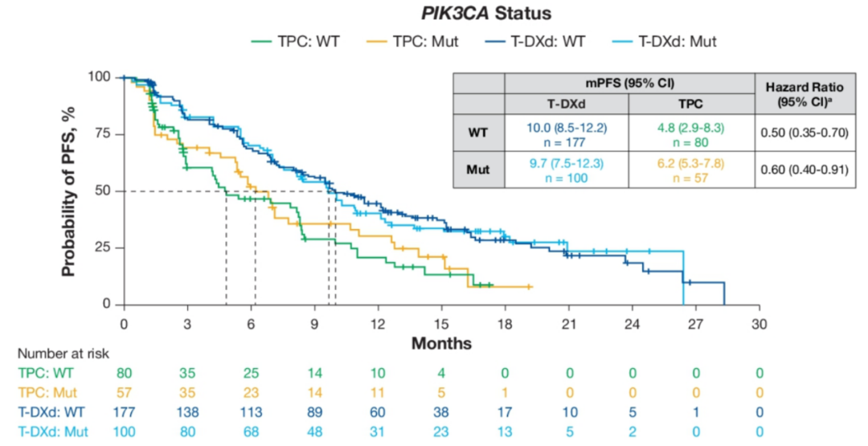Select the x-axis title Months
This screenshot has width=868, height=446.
[x=441, y=343]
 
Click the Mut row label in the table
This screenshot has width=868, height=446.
[x=478, y=170]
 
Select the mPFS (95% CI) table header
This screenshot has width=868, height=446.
[x=629, y=83]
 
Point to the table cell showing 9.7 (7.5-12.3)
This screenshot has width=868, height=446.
[x=566, y=163]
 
